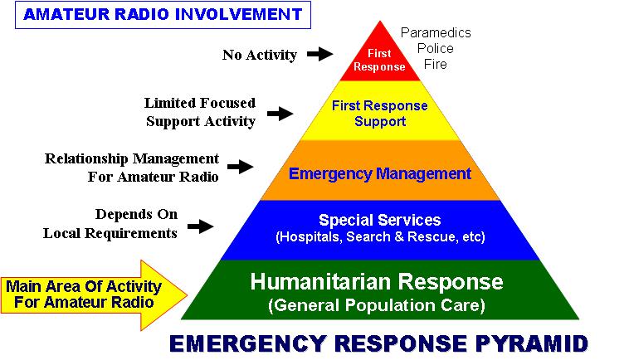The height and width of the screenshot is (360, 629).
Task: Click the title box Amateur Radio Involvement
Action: pos(163,15)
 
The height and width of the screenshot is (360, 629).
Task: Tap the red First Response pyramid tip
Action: pos(380,56)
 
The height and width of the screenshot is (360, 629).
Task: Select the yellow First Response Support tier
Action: pos(380,110)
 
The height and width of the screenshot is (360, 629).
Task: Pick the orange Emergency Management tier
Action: pos(380,170)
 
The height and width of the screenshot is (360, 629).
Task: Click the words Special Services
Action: pos(380,220)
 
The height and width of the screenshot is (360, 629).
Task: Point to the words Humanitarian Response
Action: pos(377,281)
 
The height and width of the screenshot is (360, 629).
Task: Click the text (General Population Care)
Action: pos(377,305)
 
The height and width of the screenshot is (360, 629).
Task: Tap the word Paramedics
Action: pos(436,32)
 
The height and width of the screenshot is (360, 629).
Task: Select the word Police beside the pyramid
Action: pos(436,48)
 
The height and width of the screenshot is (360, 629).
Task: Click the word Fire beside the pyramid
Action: pos(436,64)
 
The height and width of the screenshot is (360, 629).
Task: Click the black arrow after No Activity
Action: pos(320,54)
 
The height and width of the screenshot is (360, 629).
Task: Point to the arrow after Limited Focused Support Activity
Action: pos(280,114)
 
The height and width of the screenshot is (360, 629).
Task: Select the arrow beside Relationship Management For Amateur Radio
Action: pos(241,167)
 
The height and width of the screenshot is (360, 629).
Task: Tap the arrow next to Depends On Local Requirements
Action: pos(201,226)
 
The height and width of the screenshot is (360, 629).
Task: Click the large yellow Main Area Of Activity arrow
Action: pos(94,295)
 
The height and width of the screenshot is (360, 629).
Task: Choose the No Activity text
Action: pos(260,55)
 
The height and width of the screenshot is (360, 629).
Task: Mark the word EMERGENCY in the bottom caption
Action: pos(247,343)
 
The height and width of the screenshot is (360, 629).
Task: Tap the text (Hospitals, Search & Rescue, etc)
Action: pos(380,236)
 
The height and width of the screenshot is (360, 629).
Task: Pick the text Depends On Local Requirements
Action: pos(110,224)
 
